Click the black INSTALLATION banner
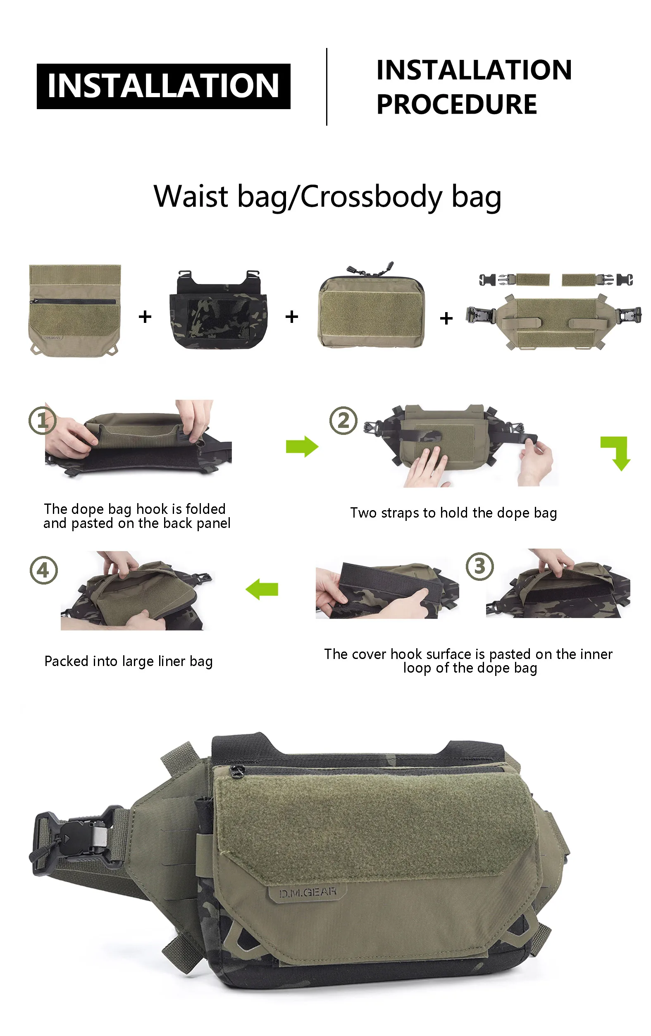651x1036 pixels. pyautogui.click(x=163, y=86)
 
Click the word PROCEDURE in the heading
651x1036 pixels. pyautogui.click(x=456, y=104)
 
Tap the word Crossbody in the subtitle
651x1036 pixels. pyautogui.click(x=371, y=197)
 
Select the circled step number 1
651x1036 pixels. pyautogui.click(x=43, y=420)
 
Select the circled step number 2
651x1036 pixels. pyautogui.click(x=343, y=420)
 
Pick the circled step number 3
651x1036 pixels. pyautogui.click(x=480, y=566)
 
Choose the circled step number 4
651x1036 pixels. pyautogui.click(x=43, y=570)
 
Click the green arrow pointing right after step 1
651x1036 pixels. pyautogui.click(x=302, y=446)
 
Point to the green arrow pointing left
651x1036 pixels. pyautogui.click(x=262, y=589)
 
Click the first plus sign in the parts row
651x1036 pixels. pyautogui.click(x=145, y=317)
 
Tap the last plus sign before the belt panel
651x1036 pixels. pyautogui.click(x=446, y=318)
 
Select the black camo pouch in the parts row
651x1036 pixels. pyautogui.click(x=218, y=309)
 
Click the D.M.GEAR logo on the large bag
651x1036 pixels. pyautogui.click(x=307, y=892)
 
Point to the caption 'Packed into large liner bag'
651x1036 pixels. pyautogui.click(x=129, y=661)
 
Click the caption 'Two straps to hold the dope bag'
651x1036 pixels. pyautogui.click(x=453, y=513)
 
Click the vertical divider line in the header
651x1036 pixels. pyautogui.click(x=327, y=86)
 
